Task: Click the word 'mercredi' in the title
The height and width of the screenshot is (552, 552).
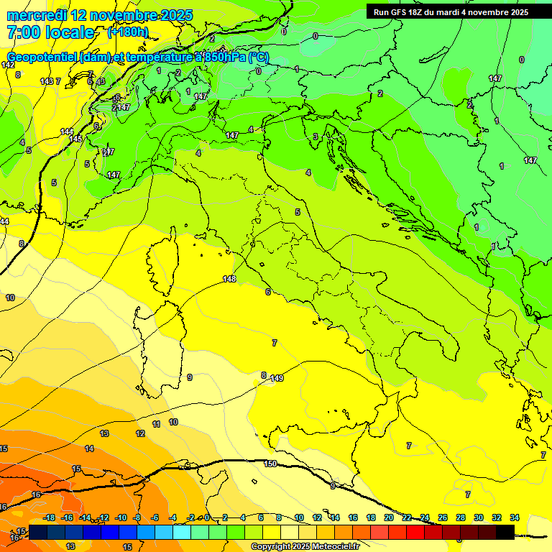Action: [x=36, y=15]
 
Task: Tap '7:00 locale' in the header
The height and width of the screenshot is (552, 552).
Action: [x=50, y=32]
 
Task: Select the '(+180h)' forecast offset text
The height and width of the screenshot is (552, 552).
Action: [x=128, y=32]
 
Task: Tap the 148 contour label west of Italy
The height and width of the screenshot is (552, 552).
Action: [x=229, y=279]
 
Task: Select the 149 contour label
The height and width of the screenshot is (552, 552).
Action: [x=277, y=378]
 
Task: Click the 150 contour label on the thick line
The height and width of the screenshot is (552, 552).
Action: [x=270, y=464]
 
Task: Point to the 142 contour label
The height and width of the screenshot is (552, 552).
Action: [x=8, y=65]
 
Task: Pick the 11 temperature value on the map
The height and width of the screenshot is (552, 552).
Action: [x=157, y=425]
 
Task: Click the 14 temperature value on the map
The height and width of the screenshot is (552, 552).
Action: [x=89, y=448]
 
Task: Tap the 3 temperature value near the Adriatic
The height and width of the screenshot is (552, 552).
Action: [x=315, y=137]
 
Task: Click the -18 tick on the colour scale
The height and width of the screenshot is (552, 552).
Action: [x=50, y=517]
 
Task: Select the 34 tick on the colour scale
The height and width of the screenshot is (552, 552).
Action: [x=514, y=517]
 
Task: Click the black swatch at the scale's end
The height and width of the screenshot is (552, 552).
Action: [x=505, y=532]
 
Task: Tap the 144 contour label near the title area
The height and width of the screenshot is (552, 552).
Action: [x=67, y=132]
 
